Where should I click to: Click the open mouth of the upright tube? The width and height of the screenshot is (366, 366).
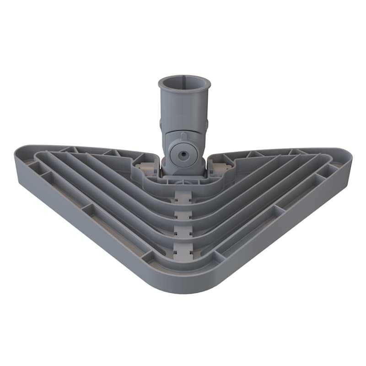(x=184, y=85)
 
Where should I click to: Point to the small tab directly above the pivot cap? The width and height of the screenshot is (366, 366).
(x=183, y=135)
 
